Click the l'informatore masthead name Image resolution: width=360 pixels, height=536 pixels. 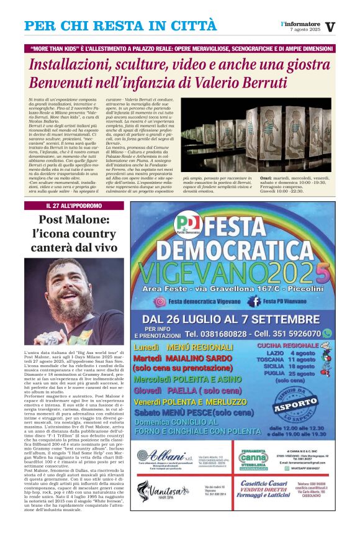[300, 23]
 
